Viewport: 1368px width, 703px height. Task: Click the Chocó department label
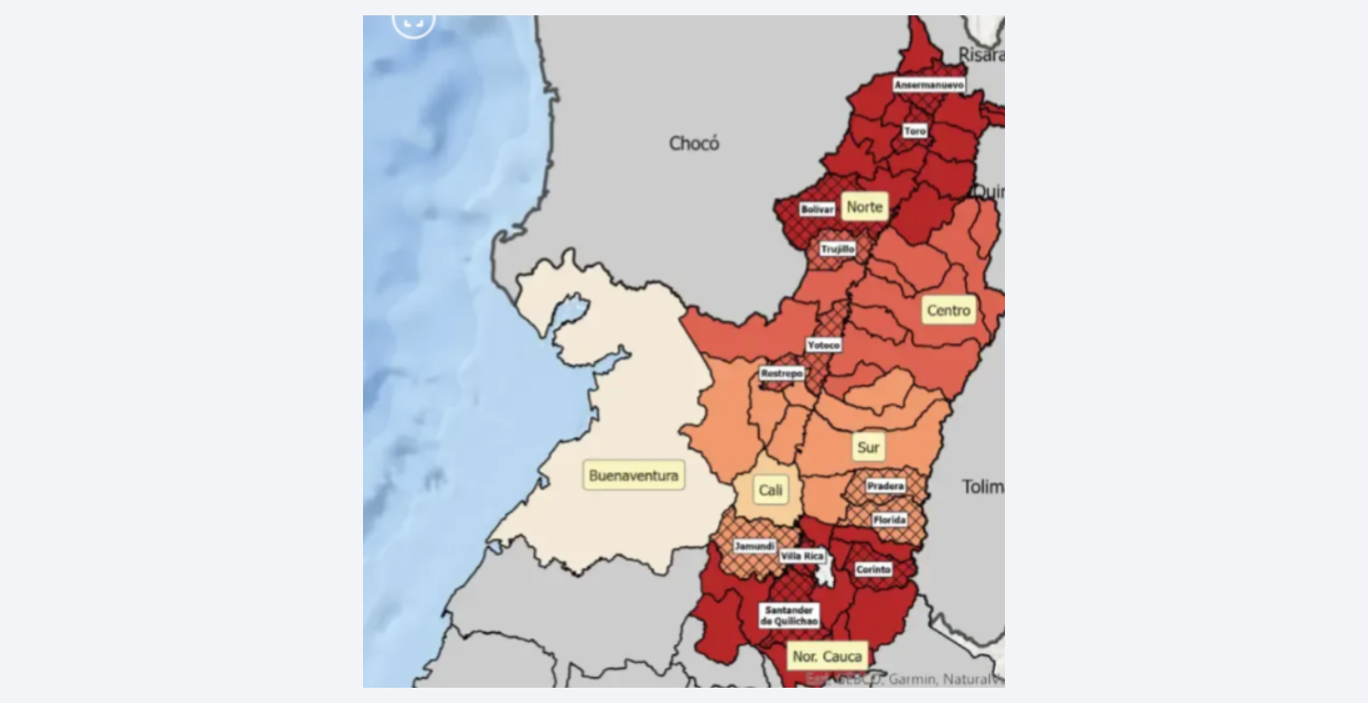(694, 143)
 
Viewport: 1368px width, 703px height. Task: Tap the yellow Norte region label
(865, 206)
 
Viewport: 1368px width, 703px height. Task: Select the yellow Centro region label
(949, 310)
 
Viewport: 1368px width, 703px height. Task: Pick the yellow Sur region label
(868, 447)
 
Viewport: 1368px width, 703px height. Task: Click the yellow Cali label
(770, 491)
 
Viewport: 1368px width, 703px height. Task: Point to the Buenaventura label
(633, 476)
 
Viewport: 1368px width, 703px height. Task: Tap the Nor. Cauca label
(826, 656)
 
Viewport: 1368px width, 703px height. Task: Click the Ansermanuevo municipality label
(929, 85)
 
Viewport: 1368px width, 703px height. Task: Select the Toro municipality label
(915, 130)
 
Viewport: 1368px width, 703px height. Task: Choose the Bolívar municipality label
(818, 208)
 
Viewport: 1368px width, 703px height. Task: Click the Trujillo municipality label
(838, 248)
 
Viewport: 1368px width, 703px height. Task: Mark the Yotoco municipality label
(823, 345)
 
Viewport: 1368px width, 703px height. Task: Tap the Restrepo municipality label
(781, 373)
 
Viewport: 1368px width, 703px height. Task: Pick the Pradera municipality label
(886, 486)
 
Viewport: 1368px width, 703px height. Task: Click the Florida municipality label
(889, 521)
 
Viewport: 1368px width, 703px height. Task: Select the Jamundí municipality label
(755, 546)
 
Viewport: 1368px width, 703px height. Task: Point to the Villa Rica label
(802, 556)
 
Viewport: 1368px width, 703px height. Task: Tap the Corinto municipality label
(873, 569)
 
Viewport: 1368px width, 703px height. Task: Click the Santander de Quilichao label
(790, 615)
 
